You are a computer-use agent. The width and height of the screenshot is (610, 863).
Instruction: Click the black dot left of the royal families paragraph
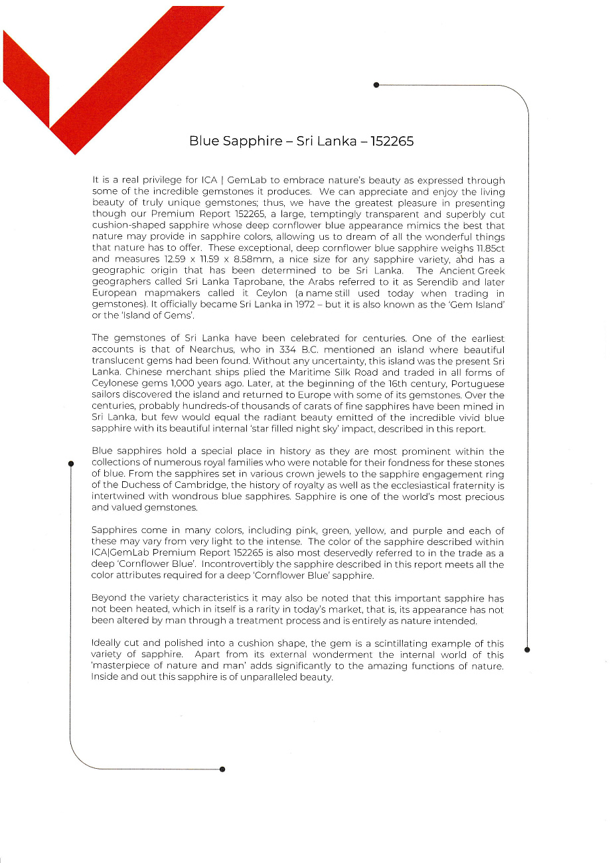(x=70, y=465)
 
